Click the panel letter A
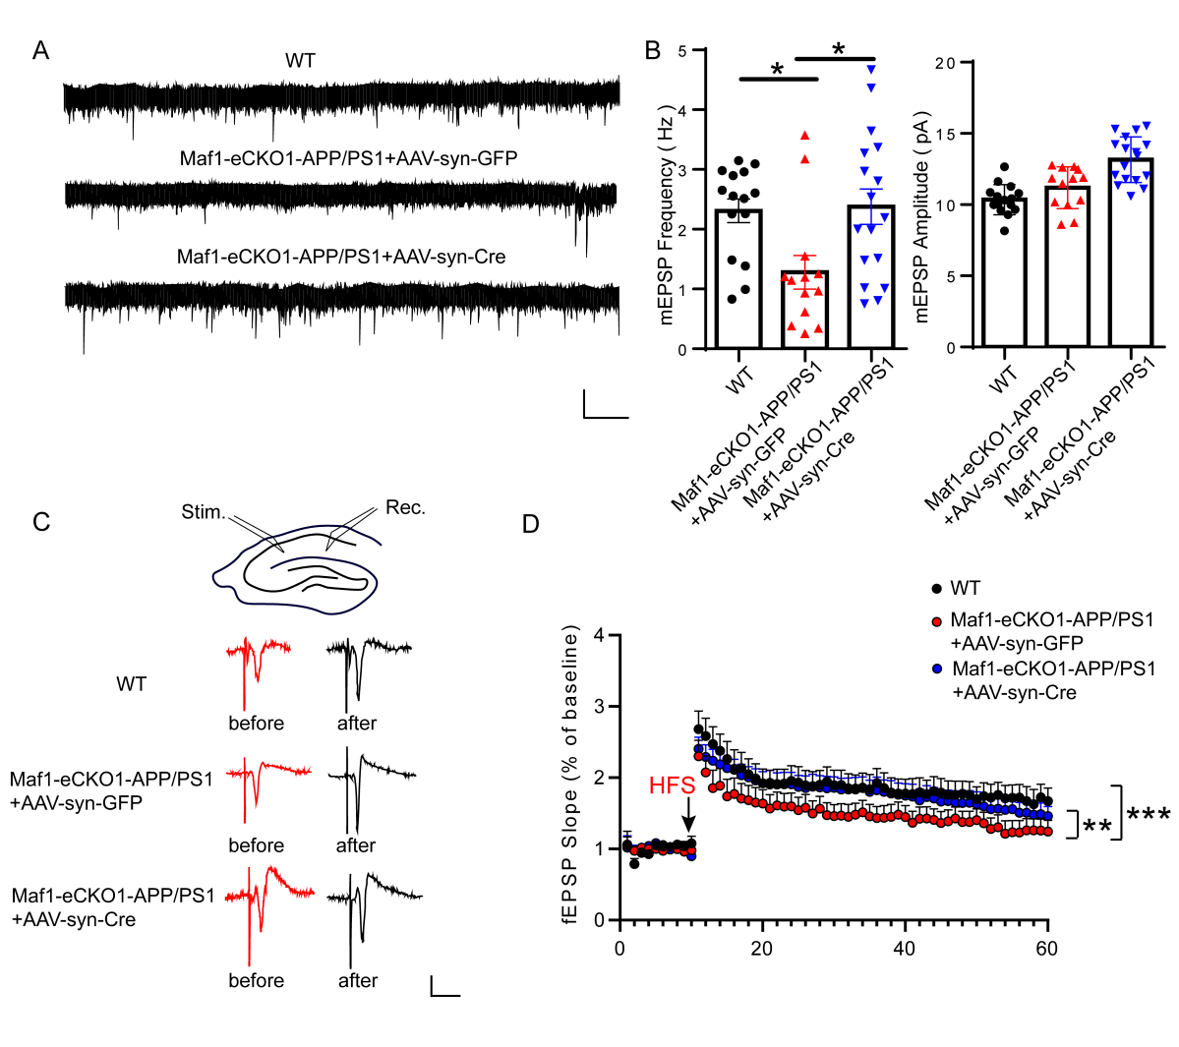pyautogui.click(x=40, y=50)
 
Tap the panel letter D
pyautogui.click(x=531, y=523)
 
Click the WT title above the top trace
pyautogui.click(x=300, y=61)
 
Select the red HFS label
pyautogui.click(x=672, y=785)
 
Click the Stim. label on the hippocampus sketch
pyautogui.click(x=204, y=512)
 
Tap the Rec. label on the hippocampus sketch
pyautogui.click(x=405, y=507)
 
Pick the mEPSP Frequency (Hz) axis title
pyautogui.click(x=667, y=214)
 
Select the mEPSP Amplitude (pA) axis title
pyautogui.click(x=921, y=217)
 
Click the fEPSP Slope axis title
pyautogui.click(x=570, y=780)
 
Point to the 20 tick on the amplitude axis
pyautogui.click(x=945, y=63)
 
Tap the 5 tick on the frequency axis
pyautogui.click(x=681, y=50)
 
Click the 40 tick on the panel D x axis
pyautogui.click(x=904, y=949)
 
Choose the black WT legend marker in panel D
pyautogui.click(x=936, y=589)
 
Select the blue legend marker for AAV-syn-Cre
pyautogui.click(x=936, y=669)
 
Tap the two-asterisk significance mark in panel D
pyautogui.click(x=1096, y=827)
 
